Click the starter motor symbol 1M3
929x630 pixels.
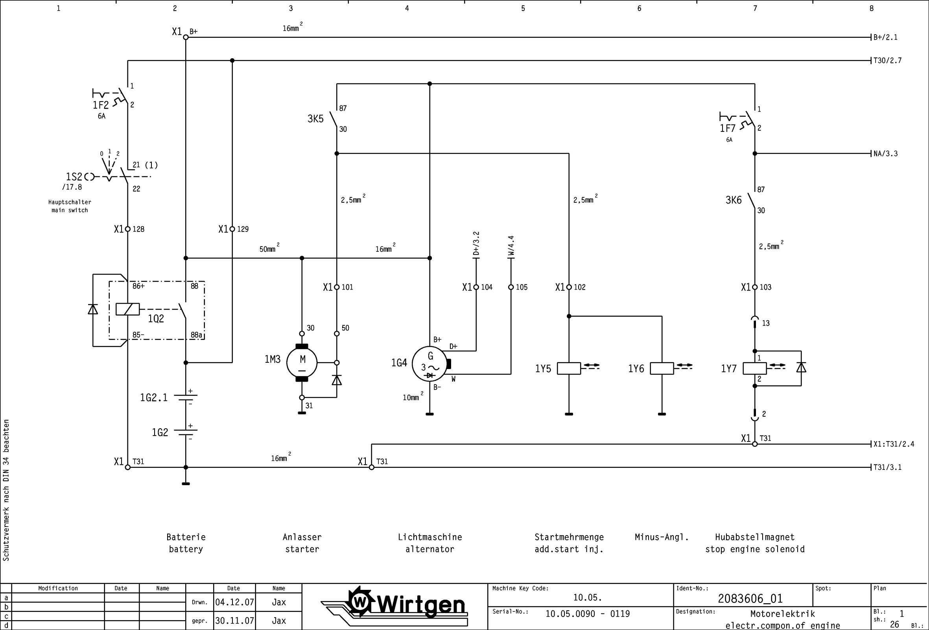click(302, 363)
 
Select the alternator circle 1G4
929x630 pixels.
click(430, 364)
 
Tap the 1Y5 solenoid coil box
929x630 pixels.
click(568, 368)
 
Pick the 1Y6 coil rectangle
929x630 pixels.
click(662, 368)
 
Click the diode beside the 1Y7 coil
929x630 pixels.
click(801, 368)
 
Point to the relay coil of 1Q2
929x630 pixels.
click(127, 309)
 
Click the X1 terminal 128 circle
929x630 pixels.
click(127, 229)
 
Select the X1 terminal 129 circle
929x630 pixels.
click(232, 229)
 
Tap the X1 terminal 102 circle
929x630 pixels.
click(569, 287)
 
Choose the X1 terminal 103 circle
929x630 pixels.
click(755, 287)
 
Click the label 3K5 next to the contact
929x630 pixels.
click(315, 119)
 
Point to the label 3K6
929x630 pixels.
click(734, 200)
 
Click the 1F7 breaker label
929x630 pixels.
click(728, 128)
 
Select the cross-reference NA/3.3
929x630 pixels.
click(885, 153)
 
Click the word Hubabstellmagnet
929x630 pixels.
click(755, 537)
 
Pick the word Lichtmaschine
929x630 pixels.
click(430, 537)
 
